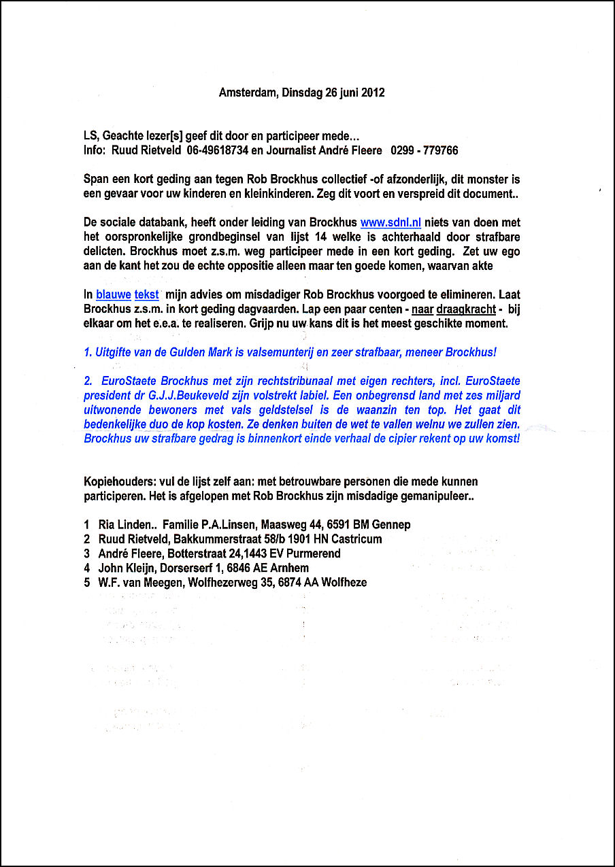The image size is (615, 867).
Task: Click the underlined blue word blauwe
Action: point(114,294)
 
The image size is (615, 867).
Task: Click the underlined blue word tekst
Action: point(147,294)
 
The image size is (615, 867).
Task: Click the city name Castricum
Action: point(356,539)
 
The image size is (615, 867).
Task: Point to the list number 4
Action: point(87,568)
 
